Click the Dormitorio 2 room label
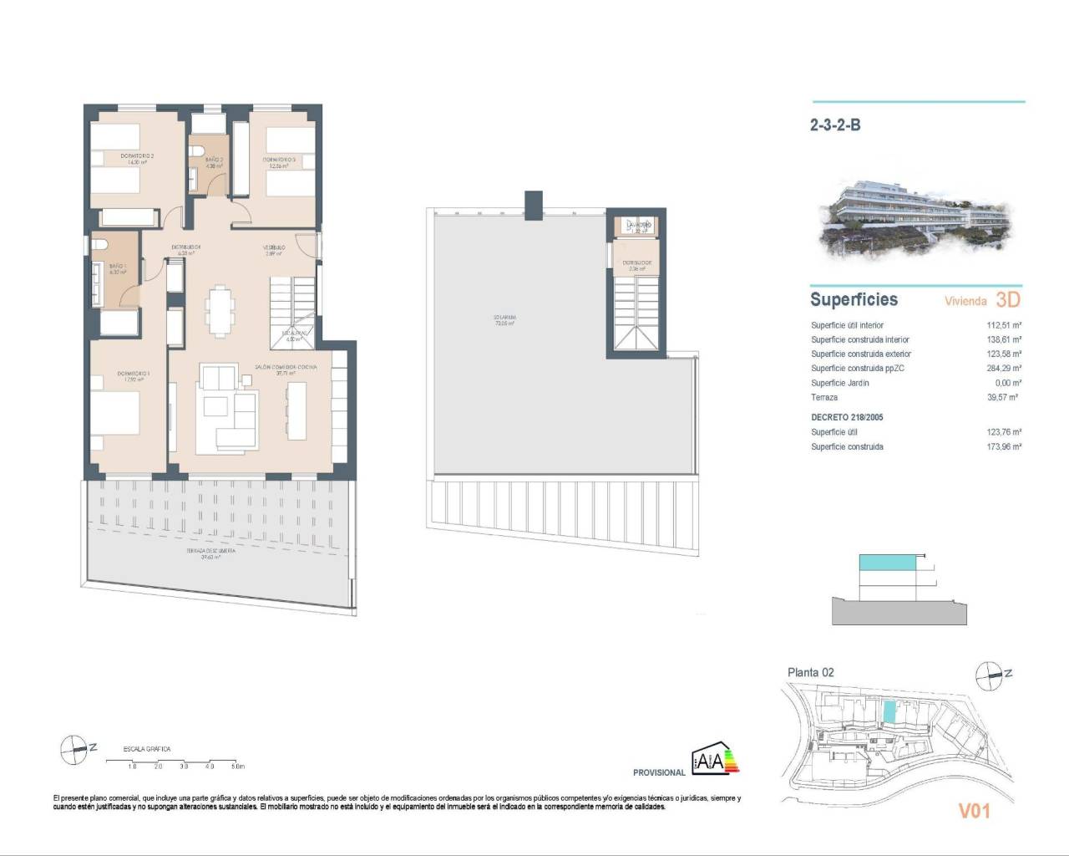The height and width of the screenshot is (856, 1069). coord(137,155)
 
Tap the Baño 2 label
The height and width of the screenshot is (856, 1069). coord(214,159)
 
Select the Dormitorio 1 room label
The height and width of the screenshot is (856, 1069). coord(134,374)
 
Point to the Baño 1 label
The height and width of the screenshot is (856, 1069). coord(117,266)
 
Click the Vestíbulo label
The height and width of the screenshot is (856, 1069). coord(275,247)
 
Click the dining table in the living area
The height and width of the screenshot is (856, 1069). coord(221,308)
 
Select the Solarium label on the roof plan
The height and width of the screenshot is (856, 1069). coord(504,318)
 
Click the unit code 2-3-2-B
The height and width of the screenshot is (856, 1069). coord(835,125)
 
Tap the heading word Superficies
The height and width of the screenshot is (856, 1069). coord(854,299)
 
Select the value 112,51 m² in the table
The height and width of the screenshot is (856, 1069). coord(1004,325)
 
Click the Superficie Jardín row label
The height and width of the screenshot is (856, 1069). coord(839,383)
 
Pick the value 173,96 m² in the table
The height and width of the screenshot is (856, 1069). coord(1004,446)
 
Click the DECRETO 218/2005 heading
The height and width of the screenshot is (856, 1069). coord(847,417)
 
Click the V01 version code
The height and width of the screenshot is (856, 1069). coord(973,810)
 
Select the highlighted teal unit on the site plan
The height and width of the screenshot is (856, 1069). coord(889,712)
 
